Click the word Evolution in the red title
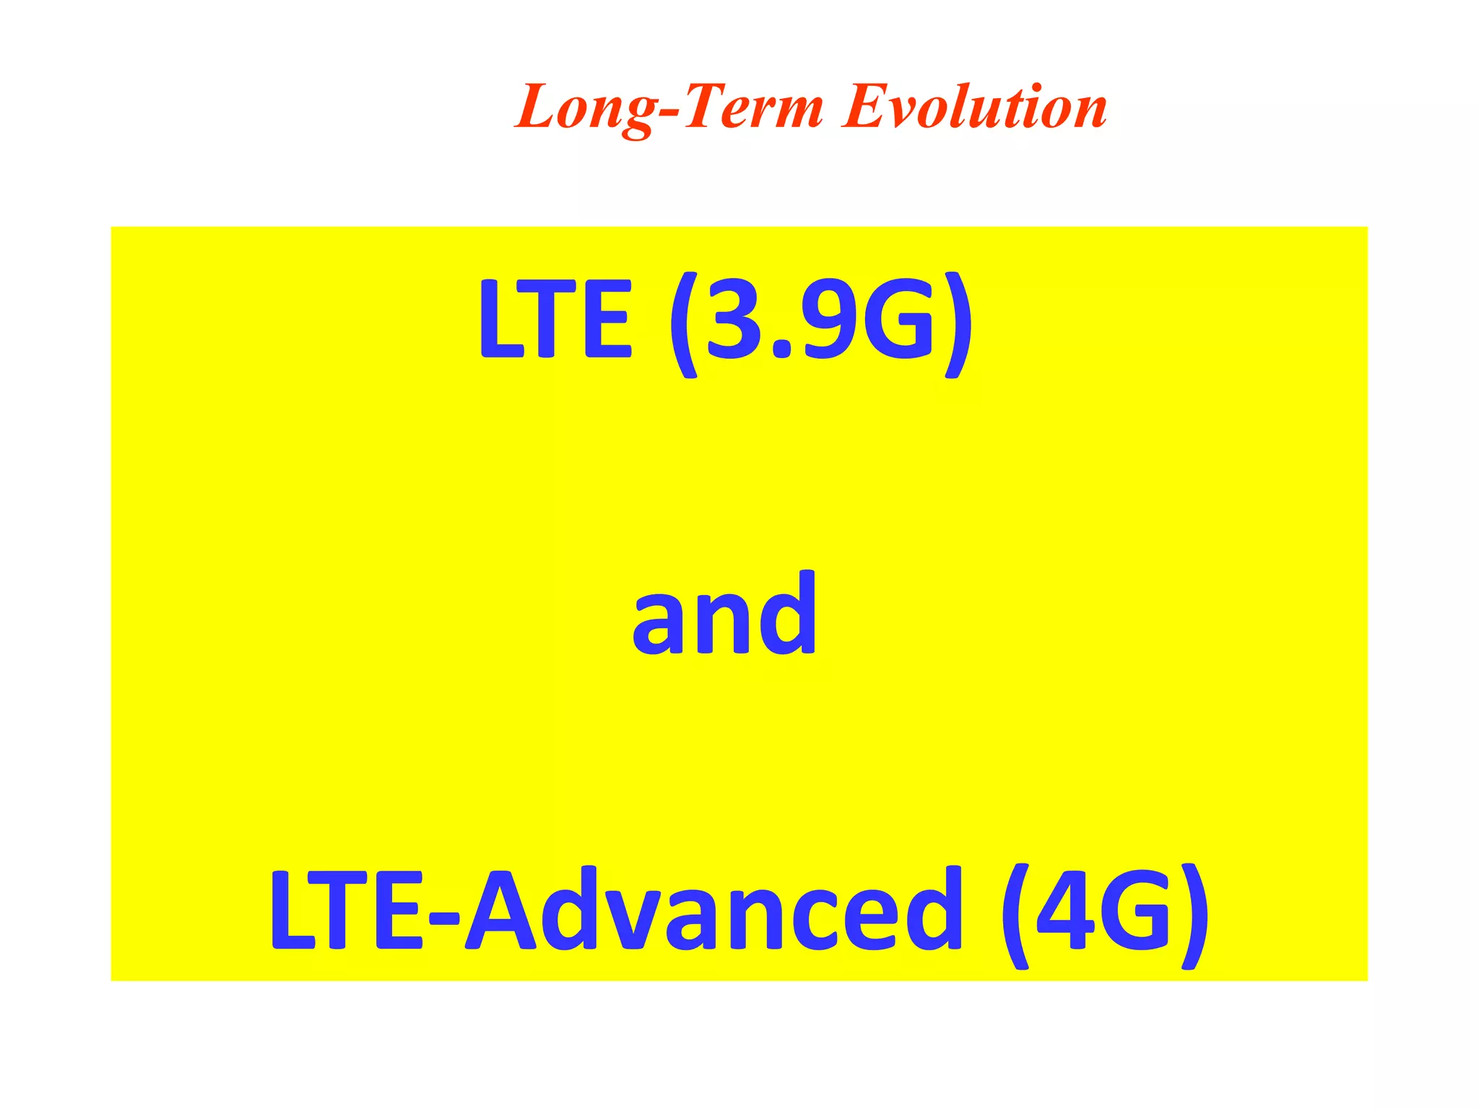pyautogui.click(x=974, y=108)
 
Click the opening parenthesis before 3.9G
pyautogui.click(x=683, y=325)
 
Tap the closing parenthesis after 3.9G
pyautogui.click(x=956, y=325)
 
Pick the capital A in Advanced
pyautogui.click(x=501, y=910)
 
